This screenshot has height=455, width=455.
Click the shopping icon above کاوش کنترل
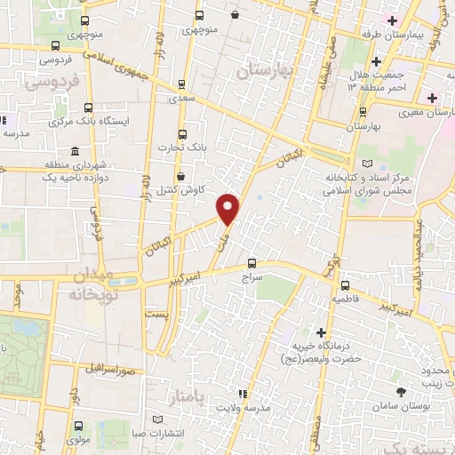[x=181, y=176]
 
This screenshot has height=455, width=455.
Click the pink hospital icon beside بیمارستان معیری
[x=432, y=97]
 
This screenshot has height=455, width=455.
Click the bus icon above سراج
[x=252, y=263]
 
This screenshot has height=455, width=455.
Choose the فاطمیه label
[x=347, y=300]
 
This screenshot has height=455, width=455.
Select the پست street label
[x=156, y=315]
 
